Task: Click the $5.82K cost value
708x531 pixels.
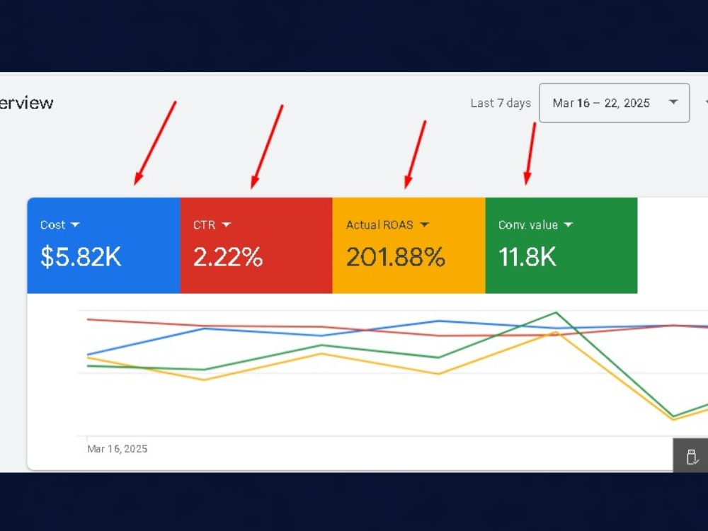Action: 81,257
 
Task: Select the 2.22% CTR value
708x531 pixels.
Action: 228,257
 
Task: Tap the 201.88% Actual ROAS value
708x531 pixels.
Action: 396,257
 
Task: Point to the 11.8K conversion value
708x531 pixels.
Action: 527,257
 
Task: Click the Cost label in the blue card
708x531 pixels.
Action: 53,225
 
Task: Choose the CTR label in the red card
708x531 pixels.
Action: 205,225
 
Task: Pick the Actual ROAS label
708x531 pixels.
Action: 379,225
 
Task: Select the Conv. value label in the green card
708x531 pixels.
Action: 528,225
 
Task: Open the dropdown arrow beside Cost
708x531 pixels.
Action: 76,225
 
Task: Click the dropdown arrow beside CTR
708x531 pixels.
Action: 227,225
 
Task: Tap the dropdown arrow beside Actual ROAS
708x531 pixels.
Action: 424,225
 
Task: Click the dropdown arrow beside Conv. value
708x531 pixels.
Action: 569,225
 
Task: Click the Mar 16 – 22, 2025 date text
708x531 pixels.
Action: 601,103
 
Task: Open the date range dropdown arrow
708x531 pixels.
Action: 673,102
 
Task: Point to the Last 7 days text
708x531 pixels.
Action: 501,103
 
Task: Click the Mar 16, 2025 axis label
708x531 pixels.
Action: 118,449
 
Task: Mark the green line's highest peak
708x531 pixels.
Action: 556,312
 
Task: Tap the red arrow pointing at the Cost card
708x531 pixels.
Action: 155,143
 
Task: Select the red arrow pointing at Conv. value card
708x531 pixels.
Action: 530,154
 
